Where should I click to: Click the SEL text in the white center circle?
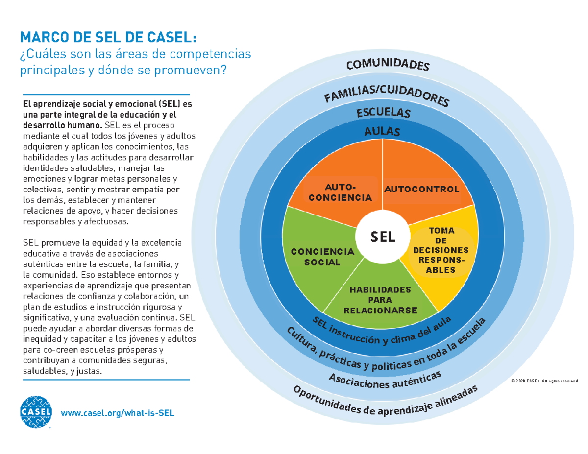382,237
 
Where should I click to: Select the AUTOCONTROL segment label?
421,189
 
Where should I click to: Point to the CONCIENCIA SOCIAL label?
322,257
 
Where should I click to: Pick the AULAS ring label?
383,131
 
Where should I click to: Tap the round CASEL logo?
35,412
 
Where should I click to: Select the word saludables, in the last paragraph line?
43,372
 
